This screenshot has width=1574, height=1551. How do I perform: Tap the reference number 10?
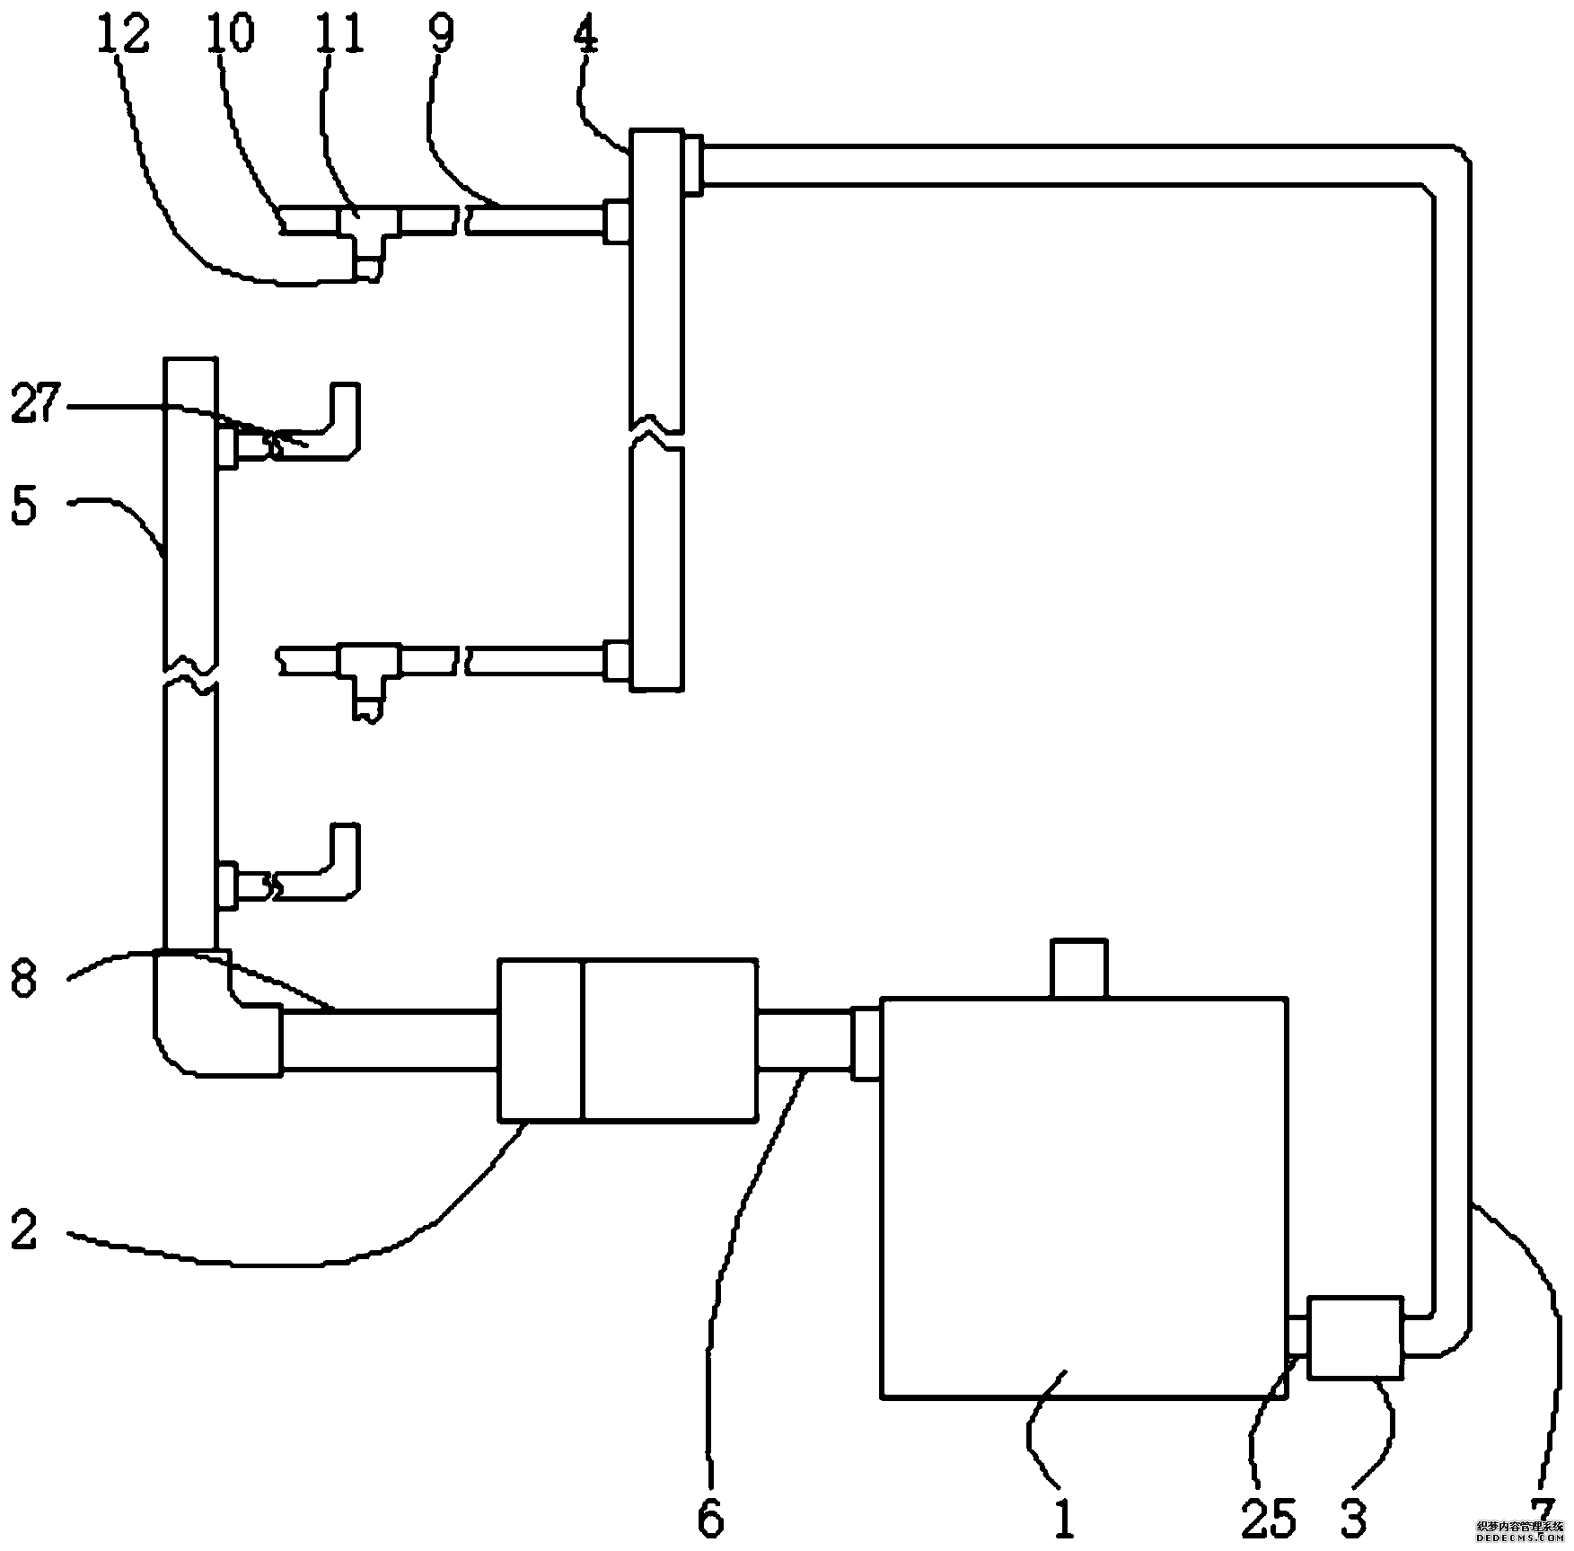(231, 34)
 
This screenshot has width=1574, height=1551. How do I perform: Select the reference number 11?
(340, 34)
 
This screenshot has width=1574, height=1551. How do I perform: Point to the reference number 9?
(441, 34)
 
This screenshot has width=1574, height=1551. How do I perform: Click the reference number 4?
(587, 34)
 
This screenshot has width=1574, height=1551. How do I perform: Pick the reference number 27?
(36, 403)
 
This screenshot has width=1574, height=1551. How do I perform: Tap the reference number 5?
(24, 506)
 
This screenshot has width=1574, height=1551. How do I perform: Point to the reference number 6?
(710, 1518)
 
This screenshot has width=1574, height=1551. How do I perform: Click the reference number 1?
(1063, 1518)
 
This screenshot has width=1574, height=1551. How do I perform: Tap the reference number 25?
(1269, 1518)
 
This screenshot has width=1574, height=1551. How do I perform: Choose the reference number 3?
(1353, 1518)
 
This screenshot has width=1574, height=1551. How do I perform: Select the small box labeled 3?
(1355, 1336)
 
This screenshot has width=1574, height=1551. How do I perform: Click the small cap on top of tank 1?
(1078, 968)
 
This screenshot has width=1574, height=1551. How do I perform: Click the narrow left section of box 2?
(541, 1040)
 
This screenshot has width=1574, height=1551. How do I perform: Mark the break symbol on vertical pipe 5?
(190, 676)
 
